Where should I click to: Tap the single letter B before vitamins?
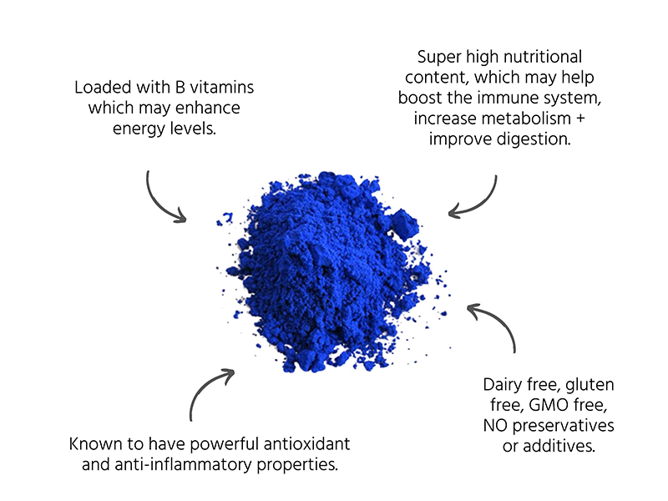[180, 88]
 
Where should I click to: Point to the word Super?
[439, 58]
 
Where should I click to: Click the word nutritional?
[539, 57]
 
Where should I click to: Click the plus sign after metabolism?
[580, 119]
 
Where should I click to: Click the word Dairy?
[504, 385]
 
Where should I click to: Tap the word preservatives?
[563, 426]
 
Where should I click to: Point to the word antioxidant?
[306, 444]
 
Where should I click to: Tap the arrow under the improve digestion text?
[483, 205]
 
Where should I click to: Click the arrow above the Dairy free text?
[499, 321]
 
